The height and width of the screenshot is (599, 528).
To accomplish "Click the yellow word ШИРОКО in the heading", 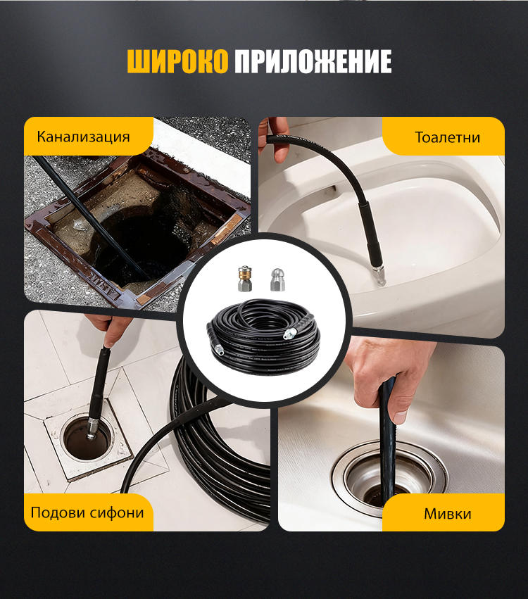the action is pos(177,61).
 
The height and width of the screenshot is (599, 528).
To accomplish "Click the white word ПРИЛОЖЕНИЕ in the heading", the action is pos(313,61).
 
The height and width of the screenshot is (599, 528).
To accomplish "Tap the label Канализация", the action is pos(83,137).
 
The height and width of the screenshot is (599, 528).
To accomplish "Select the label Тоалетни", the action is pos(447,137).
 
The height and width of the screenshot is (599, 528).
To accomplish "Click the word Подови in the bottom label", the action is pos(58,512).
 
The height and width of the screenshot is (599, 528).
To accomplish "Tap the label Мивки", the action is pos(447,514).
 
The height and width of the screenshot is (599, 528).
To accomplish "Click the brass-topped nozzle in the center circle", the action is pos(245,279).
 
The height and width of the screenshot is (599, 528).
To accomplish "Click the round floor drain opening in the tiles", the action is pos(88,437).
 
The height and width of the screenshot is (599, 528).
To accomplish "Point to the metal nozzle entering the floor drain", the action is pos(92,429).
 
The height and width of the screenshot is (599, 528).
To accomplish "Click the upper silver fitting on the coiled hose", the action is pos(289,334).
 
